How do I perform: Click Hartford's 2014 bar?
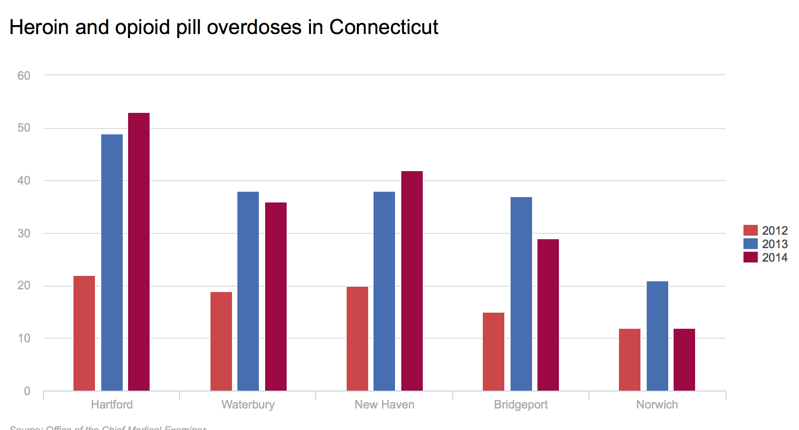139,252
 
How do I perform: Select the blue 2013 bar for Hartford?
112,262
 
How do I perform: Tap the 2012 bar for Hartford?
84,333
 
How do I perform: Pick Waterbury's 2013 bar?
248,291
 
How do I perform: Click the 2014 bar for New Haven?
412,281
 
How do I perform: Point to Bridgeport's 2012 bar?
494,352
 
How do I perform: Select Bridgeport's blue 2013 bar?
521,294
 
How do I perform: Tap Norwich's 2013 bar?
657,336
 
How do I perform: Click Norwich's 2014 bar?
684,360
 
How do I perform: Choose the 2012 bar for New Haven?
357,339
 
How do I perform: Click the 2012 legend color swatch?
751,230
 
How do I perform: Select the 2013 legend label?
775,244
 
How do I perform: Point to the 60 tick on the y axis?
24,76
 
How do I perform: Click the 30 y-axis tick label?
24,233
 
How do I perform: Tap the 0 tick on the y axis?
27,391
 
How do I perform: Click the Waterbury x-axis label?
248,404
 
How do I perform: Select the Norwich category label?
657,404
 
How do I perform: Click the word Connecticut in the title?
384,27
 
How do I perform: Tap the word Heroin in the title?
39,27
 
